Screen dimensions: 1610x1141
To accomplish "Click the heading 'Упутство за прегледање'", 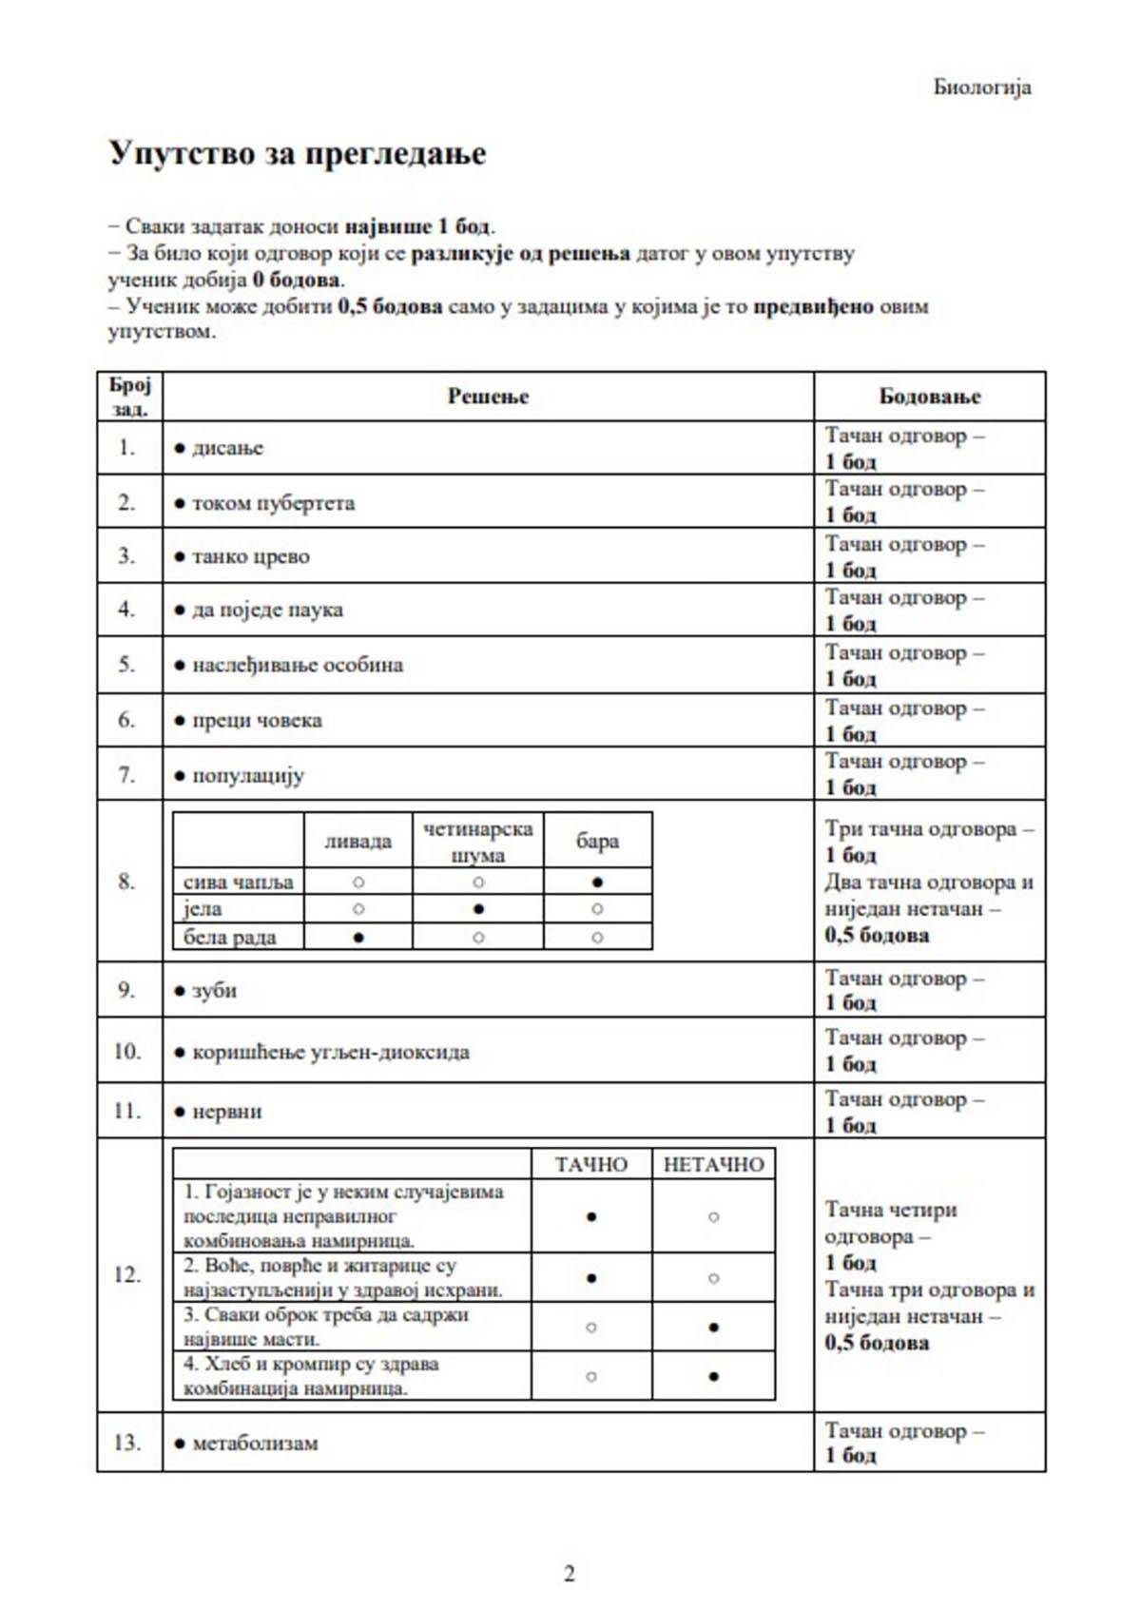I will tap(297, 153).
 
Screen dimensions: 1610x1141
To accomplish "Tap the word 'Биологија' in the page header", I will tap(981, 87).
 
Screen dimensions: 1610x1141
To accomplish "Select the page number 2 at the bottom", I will tap(570, 1574).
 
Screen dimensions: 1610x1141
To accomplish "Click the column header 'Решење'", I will tap(488, 397).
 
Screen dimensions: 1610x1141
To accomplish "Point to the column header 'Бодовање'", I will tap(929, 397).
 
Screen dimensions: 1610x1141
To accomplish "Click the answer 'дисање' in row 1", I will tap(227, 448).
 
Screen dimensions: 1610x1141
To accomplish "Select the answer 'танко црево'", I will tap(250, 556).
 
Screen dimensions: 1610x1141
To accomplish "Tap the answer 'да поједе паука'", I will tap(267, 610).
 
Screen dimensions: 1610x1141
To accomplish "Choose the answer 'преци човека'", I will tap(257, 720).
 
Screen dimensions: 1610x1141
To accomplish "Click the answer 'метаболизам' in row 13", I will tap(255, 1443).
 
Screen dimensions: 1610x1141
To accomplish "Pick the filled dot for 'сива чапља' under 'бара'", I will tap(597, 882).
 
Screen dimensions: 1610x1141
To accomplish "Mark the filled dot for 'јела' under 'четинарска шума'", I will tap(478, 908).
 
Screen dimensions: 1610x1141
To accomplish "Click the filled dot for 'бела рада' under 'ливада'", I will tap(358, 937).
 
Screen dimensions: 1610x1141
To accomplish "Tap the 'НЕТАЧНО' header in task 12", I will tap(713, 1164).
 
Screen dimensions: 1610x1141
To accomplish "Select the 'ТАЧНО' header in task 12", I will tap(591, 1164).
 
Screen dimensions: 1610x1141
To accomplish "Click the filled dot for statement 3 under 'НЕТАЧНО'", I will tap(713, 1327).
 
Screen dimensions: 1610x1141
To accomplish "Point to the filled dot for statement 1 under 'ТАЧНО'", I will tap(591, 1216).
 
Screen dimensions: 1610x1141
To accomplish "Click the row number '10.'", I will tap(127, 1051).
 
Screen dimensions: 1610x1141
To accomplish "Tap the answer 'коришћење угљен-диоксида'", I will tap(330, 1052).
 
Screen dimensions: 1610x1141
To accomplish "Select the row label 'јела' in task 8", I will tap(203, 909).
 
